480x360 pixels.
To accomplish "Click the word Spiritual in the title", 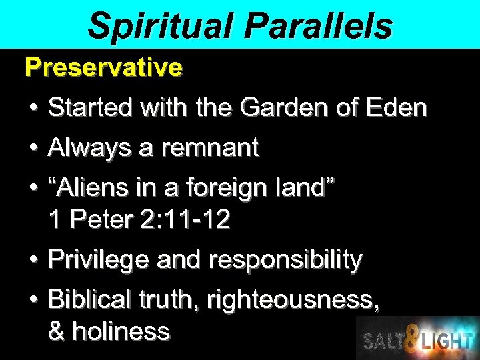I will [x=160, y=25].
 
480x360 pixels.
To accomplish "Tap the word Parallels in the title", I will [x=319, y=25].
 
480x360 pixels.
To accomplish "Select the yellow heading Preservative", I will [x=103, y=67].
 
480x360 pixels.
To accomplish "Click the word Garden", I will [x=274, y=107].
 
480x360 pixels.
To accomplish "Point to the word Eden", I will [x=397, y=107].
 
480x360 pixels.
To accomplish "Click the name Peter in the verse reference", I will [x=99, y=220].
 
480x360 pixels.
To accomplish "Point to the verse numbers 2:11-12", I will [x=185, y=220].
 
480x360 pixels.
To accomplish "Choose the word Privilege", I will [x=99, y=260].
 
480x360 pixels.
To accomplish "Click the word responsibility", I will [x=285, y=260].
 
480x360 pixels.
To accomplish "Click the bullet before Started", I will [x=33, y=108].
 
